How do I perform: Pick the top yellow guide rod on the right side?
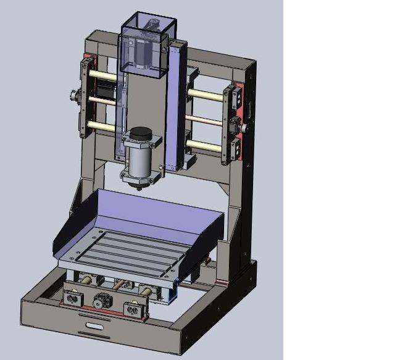206,94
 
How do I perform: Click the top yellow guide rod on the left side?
102,74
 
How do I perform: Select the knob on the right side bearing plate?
244,128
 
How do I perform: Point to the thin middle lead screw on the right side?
204,119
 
